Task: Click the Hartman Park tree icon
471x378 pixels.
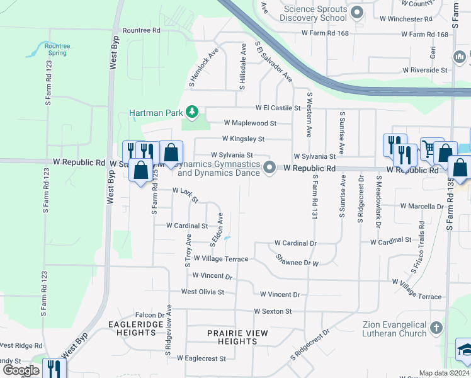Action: click(192, 113)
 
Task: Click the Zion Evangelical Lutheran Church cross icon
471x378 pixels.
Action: click(437, 328)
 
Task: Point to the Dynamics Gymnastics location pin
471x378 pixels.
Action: click(270, 168)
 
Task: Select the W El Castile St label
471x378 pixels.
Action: click(278, 108)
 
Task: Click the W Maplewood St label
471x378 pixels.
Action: click(250, 123)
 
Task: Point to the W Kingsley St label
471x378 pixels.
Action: click(243, 139)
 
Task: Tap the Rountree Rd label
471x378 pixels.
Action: click(142, 30)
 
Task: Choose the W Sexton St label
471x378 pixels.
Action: click(273, 311)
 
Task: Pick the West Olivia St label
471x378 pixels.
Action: click(202, 292)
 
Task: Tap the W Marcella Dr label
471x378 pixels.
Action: click(421, 206)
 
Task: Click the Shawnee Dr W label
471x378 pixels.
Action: click(297, 260)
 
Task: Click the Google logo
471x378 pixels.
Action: click(21, 370)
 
